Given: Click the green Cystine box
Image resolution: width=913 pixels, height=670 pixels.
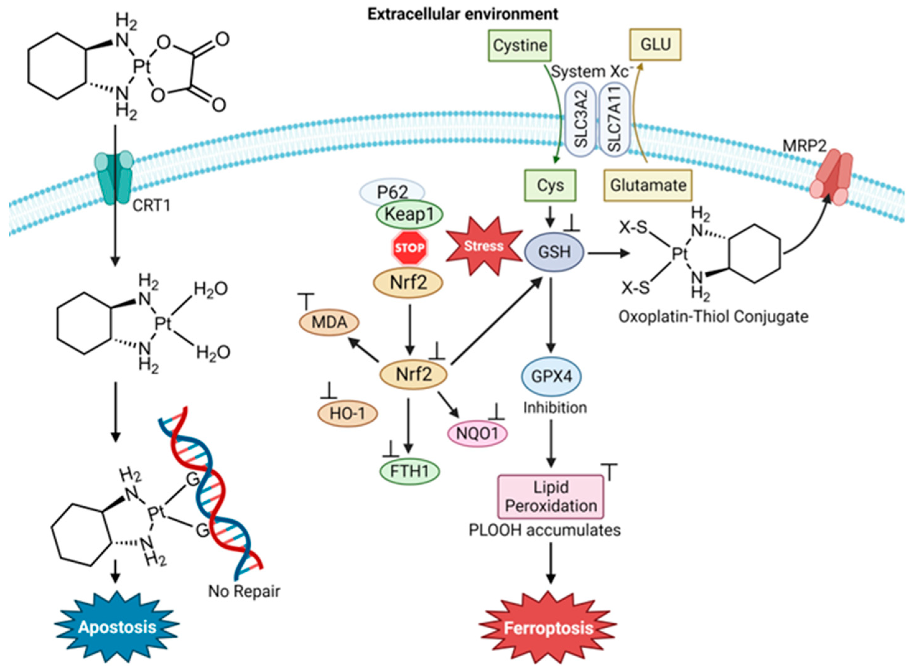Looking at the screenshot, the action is pyautogui.click(x=520, y=45).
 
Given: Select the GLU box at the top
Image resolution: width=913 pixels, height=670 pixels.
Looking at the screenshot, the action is pyautogui.click(x=655, y=45).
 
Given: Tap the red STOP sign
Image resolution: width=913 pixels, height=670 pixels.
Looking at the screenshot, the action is pyautogui.click(x=409, y=247).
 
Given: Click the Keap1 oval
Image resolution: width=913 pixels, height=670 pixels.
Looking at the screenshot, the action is pyautogui.click(x=409, y=214).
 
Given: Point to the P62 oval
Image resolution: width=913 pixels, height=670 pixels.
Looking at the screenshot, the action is pyautogui.click(x=392, y=191).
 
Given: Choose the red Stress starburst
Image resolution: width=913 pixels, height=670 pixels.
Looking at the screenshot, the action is pyautogui.click(x=484, y=246).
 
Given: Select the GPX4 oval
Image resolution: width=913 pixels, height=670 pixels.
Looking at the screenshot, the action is pyautogui.click(x=551, y=376).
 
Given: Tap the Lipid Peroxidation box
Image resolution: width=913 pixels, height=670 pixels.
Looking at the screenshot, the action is pyautogui.click(x=551, y=497).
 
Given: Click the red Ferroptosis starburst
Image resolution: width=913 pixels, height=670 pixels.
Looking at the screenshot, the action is pyautogui.click(x=548, y=628).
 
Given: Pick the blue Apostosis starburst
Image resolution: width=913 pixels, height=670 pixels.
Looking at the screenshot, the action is pyautogui.click(x=117, y=627).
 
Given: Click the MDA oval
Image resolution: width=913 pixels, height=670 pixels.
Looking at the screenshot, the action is pyautogui.click(x=329, y=322).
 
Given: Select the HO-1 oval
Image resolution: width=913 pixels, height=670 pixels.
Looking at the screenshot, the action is pyautogui.click(x=347, y=414).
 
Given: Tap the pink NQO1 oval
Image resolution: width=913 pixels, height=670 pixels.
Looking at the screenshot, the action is pyautogui.click(x=477, y=433).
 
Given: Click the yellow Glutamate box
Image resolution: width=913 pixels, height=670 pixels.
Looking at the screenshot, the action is pyautogui.click(x=648, y=185).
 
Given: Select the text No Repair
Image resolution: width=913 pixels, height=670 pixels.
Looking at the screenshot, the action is pyautogui.click(x=244, y=591).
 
